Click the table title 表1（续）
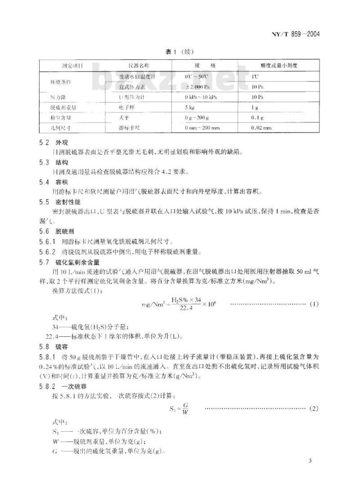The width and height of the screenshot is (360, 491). pyautogui.click(x=181, y=51)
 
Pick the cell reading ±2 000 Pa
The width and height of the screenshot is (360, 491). pyautogui.click(x=200, y=86)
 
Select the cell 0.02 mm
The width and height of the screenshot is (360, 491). pyautogui.click(x=261, y=128)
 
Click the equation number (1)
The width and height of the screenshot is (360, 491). pyautogui.click(x=314, y=304)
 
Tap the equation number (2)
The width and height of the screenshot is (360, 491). pyautogui.click(x=314, y=408)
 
